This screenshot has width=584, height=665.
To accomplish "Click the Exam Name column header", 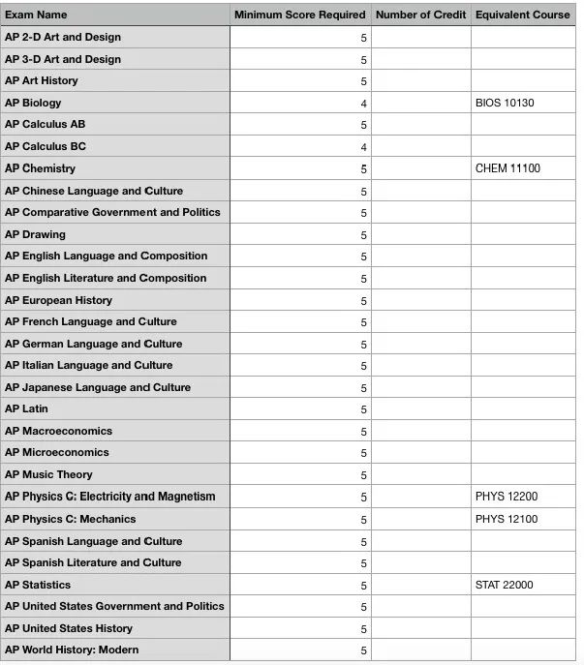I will point(36,15).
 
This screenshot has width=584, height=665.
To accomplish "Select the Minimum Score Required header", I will point(299,15).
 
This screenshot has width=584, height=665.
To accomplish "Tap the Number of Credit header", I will point(420,15).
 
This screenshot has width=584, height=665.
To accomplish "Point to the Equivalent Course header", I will point(523,15).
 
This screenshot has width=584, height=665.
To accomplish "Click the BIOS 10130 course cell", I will point(505,103).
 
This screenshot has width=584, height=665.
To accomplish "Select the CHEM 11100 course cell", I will point(507,168).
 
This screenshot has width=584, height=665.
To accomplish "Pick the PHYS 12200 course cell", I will point(506,497).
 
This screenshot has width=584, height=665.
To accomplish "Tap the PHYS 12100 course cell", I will point(506,519).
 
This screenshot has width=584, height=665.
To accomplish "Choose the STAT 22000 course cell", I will point(504,585).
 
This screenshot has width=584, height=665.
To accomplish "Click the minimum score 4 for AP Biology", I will point(363,104).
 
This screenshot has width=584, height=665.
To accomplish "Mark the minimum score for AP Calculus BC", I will point(363,147).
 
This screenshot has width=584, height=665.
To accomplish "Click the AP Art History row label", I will point(42,80).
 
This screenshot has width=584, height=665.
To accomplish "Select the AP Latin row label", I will point(26,408).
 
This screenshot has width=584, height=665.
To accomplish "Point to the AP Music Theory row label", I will point(48,474).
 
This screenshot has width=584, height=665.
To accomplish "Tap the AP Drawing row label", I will point(35,234).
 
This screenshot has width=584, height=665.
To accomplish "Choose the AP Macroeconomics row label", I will point(58,431).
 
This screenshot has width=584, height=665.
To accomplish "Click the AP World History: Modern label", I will point(72,650).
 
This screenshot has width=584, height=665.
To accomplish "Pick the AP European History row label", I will point(58,300).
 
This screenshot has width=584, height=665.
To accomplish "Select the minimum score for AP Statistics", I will point(363,586).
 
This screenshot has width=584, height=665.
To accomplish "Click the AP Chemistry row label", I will point(40,168).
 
